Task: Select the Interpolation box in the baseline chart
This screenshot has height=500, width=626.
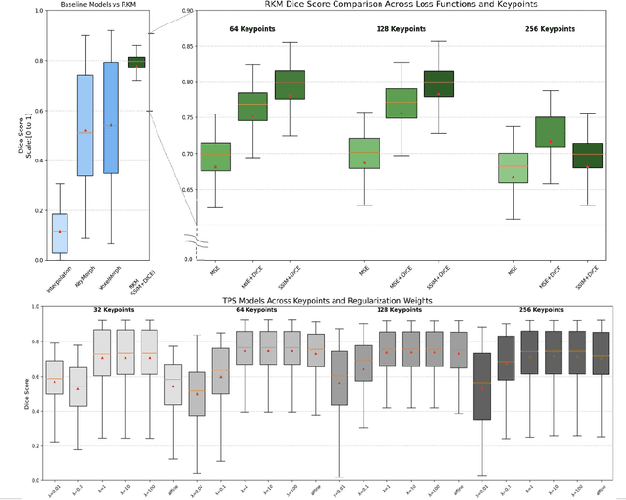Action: [x=60, y=233]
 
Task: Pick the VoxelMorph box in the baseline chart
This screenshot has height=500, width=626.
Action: [x=111, y=117]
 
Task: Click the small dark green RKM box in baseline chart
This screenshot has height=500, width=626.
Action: [x=137, y=63]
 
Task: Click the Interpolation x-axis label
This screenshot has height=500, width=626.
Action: [x=60, y=280]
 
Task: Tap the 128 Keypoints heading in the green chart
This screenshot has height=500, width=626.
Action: [x=400, y=29]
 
